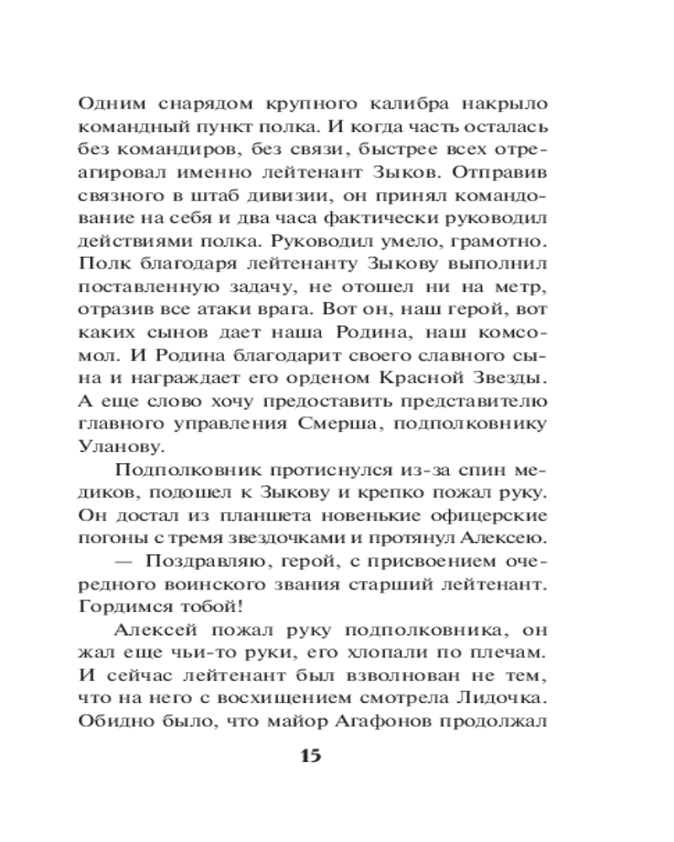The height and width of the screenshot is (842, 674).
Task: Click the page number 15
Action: [x=310, y=755]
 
